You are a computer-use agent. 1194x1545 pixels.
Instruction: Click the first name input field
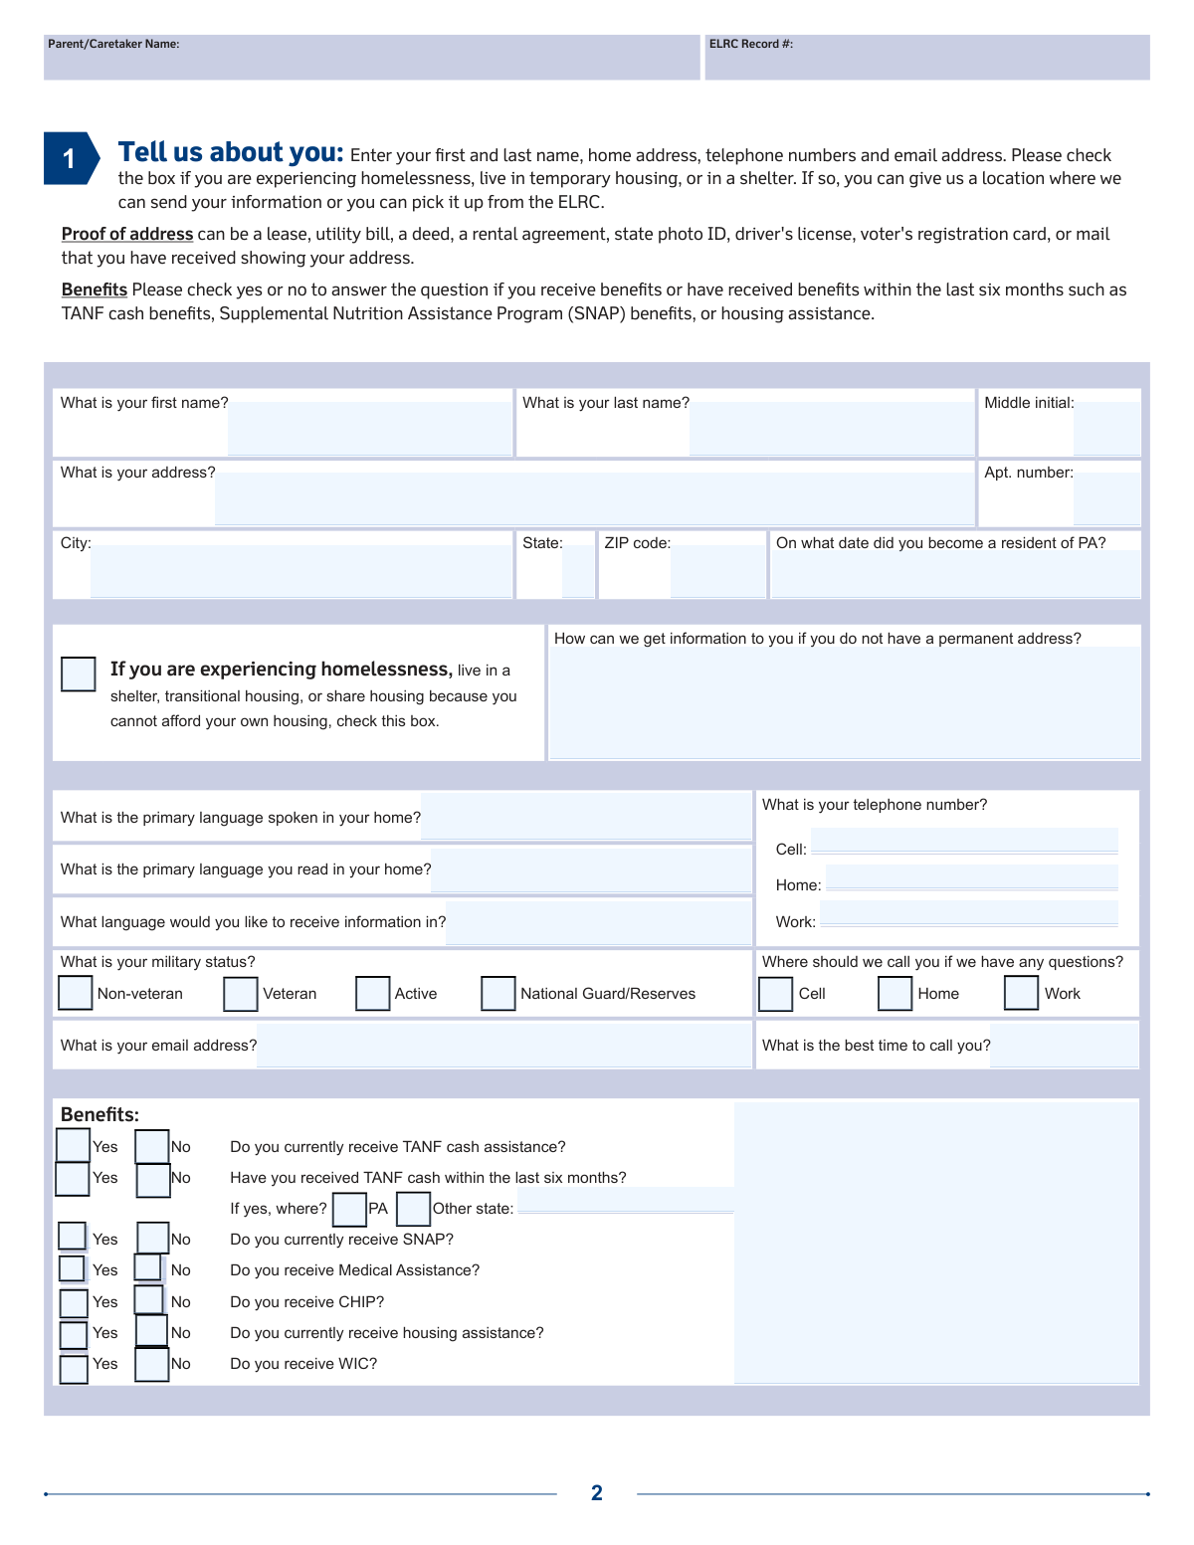[369, 429]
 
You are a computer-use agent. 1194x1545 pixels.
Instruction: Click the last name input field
[831, 429]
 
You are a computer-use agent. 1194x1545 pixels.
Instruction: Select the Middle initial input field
[1106, 429]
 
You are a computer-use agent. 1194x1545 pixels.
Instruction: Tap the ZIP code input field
[716, 572]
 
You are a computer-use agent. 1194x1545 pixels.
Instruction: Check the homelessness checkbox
[79, 674]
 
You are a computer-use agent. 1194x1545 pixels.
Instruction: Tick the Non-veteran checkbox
[76, 993]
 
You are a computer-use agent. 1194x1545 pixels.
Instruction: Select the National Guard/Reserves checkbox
[497, 993]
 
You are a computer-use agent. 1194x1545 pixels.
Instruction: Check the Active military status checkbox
[372, 993]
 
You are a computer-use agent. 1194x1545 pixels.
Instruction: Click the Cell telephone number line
[963, 842]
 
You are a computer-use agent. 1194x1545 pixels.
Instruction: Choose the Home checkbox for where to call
[895, 993]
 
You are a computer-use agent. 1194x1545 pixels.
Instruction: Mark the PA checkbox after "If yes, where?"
[349, 1209]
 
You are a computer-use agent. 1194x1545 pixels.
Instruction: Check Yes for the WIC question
[74, 1369]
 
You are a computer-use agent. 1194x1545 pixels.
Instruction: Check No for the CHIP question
[149, 1299]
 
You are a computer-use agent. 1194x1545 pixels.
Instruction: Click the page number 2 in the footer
[597, 1492]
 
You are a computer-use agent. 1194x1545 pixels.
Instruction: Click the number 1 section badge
[70, 158]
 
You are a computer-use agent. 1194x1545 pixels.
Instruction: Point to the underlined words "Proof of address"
[127, 234]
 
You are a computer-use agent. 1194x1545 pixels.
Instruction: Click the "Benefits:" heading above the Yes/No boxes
[99, 1114]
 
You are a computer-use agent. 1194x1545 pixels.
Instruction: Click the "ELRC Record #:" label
[750, 44]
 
